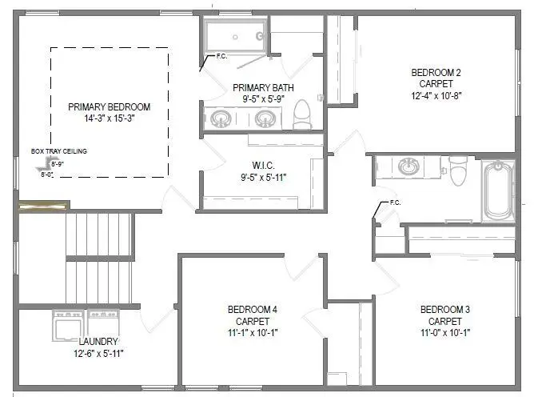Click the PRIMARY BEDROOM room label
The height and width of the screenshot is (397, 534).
coord(109,106)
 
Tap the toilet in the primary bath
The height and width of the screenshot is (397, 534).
coord(302,115)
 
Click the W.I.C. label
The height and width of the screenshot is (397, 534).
coord(257,165)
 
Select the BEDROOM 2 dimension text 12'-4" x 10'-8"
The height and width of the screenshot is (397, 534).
coord(436,95)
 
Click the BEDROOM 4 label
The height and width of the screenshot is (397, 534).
coord(253,309)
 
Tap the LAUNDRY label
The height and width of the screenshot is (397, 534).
coord(98,342)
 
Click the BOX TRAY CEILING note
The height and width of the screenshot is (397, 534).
coord(58,150)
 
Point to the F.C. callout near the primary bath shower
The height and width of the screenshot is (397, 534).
coord(222,57)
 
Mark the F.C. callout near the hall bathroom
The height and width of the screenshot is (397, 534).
coord(394,203)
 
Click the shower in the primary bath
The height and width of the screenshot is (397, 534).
coord(235,36)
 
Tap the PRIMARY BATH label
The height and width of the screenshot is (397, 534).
coord(263,87)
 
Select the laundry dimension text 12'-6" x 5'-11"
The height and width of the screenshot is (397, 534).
coord(98,353)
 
